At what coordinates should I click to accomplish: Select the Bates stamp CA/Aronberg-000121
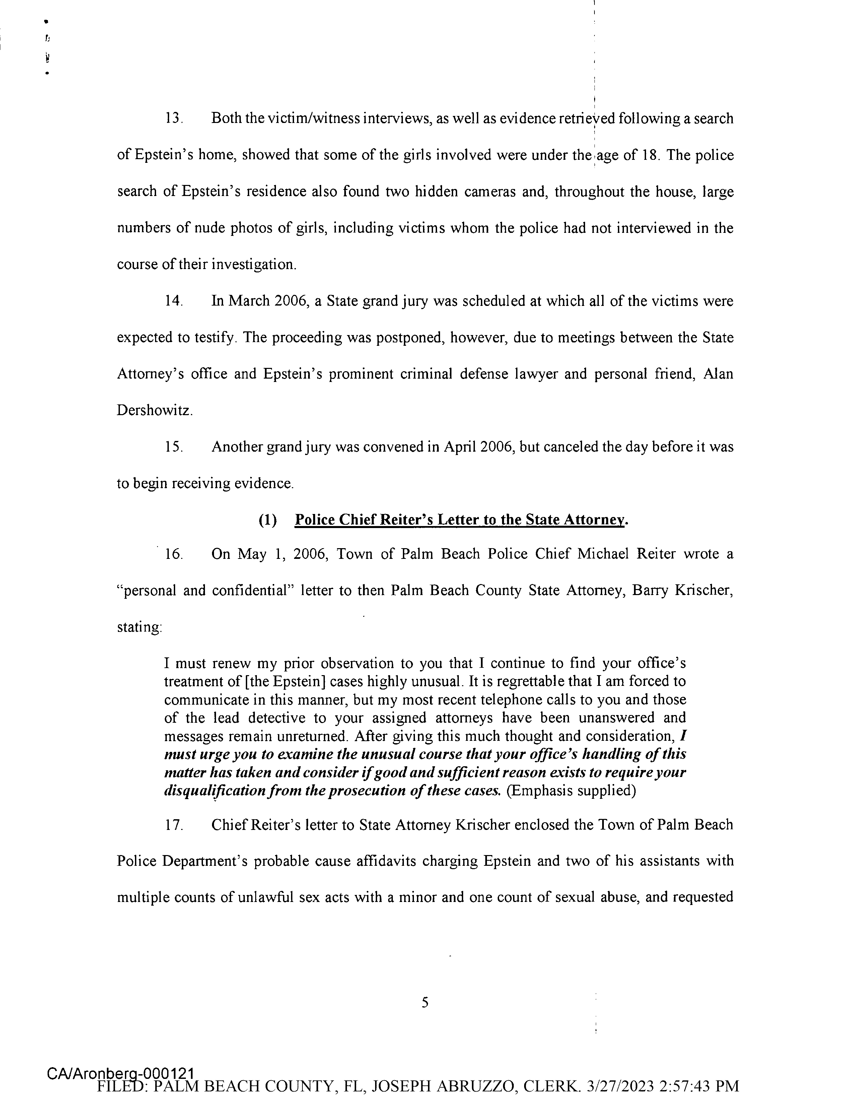pyautogui.click(x=121, y=1073)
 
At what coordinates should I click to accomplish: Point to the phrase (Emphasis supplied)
pyautogui.click(x=571, y=791)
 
